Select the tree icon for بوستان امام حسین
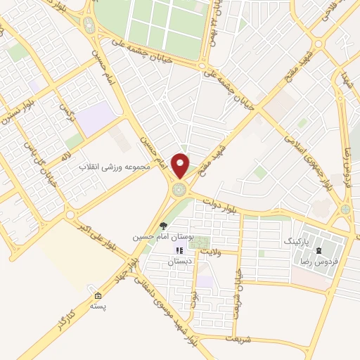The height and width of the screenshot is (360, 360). pyautogui.click(x=163, y=226)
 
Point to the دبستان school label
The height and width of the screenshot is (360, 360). pyautogui.click(x=179, y=261)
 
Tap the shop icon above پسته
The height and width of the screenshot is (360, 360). pyautogui.click(x=97, y=295)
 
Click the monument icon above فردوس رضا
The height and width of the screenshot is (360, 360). pyautogui.click(x=319, y=250)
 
